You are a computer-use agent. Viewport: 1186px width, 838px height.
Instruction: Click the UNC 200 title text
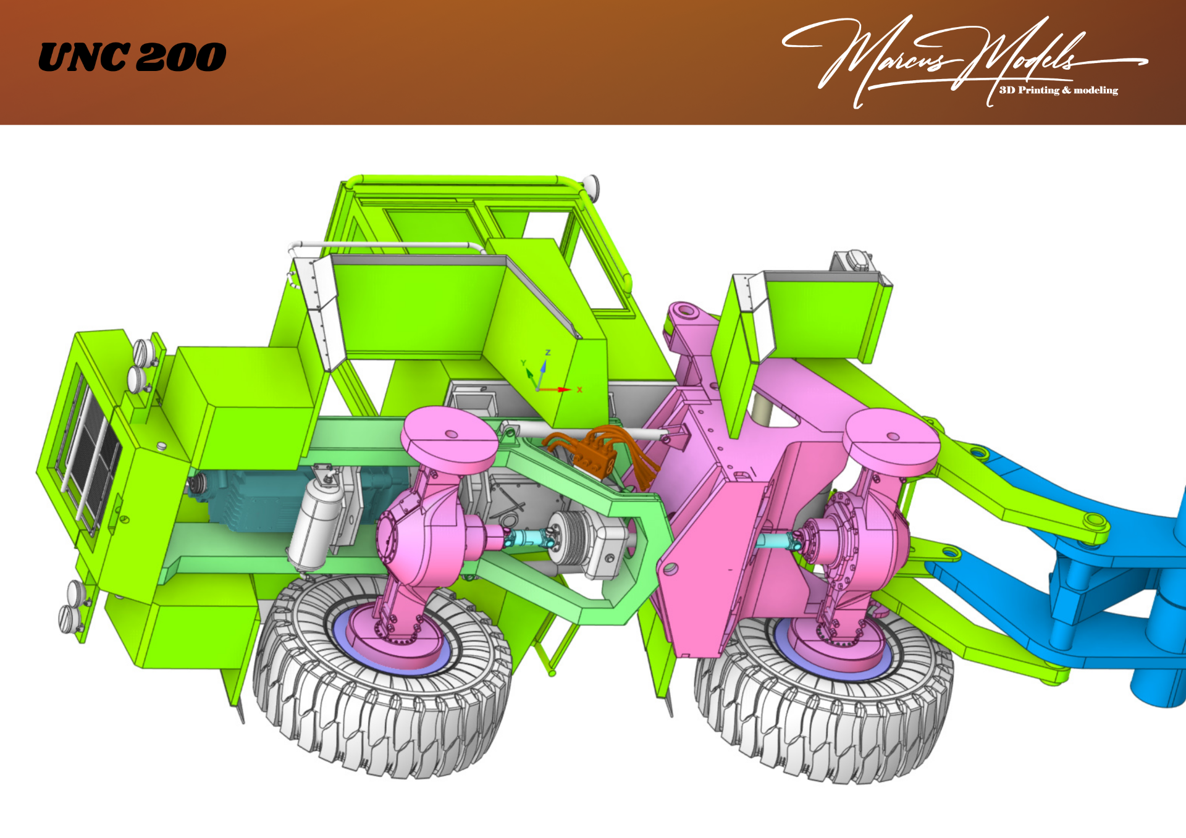tap(132, 57)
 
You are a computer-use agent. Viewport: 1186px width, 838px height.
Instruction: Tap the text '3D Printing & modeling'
tap(1059, 90)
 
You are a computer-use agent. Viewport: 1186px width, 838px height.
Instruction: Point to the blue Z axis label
tap(547, 353)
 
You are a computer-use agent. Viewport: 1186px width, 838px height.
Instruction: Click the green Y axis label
tap(523, 363)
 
